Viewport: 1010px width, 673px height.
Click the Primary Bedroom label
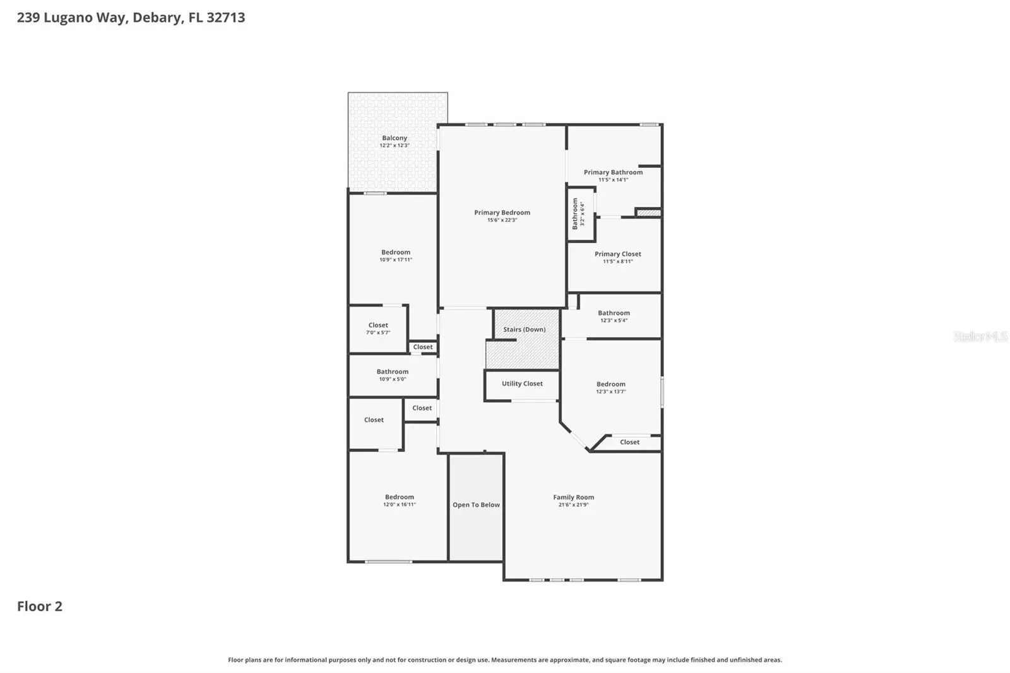502,213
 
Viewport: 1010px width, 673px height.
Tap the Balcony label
395,138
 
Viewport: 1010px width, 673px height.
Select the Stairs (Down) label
525,330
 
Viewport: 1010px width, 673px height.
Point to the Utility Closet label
522,383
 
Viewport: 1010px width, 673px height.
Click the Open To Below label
476,505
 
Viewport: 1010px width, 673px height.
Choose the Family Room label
574,497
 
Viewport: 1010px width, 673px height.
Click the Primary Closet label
618,254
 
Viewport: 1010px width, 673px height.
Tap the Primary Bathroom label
613,172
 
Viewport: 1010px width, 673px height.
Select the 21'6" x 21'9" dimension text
574,505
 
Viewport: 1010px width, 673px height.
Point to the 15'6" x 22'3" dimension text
502,220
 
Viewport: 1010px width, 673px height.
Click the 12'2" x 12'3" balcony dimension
395,145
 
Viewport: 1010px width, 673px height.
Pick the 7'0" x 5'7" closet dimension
378,333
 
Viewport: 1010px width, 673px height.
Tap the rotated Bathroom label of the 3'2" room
575,214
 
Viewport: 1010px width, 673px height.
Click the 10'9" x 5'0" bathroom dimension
392,379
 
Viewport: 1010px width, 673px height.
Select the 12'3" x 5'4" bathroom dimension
614,320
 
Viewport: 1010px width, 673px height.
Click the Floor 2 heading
40,606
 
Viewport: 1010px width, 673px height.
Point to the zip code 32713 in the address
226,17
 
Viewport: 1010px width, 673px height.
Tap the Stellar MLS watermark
980,336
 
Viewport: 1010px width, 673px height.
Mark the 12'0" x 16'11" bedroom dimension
400,504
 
